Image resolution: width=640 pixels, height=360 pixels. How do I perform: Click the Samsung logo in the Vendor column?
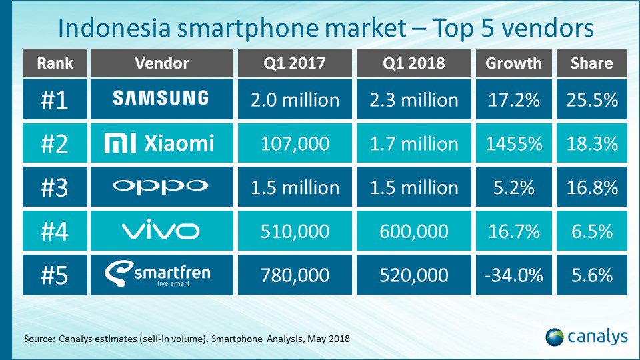(160, 99)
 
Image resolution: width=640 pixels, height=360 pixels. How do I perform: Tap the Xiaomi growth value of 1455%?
(513, 143)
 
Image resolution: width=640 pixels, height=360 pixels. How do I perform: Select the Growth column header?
(513, 63)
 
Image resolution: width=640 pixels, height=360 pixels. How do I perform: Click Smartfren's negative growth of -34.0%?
(513, 275)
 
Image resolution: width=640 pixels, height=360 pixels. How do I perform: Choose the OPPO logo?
(160, 187)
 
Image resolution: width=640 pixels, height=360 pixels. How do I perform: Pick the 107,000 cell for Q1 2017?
(295, 143)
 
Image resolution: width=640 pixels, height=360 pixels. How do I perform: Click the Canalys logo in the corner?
(586, 337)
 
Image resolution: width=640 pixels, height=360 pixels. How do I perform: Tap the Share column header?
(591, 63)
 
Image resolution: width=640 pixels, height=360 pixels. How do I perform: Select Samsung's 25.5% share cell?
(591, 99)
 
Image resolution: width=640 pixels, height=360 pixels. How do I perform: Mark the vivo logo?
(160, 231)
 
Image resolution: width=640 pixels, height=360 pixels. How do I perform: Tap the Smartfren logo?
(160, 275)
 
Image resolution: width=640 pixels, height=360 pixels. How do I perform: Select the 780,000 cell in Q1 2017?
(295, 275)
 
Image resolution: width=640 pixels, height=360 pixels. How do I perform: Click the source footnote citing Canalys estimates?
(187, 339)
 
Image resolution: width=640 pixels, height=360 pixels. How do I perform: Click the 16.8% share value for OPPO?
(591, 187)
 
